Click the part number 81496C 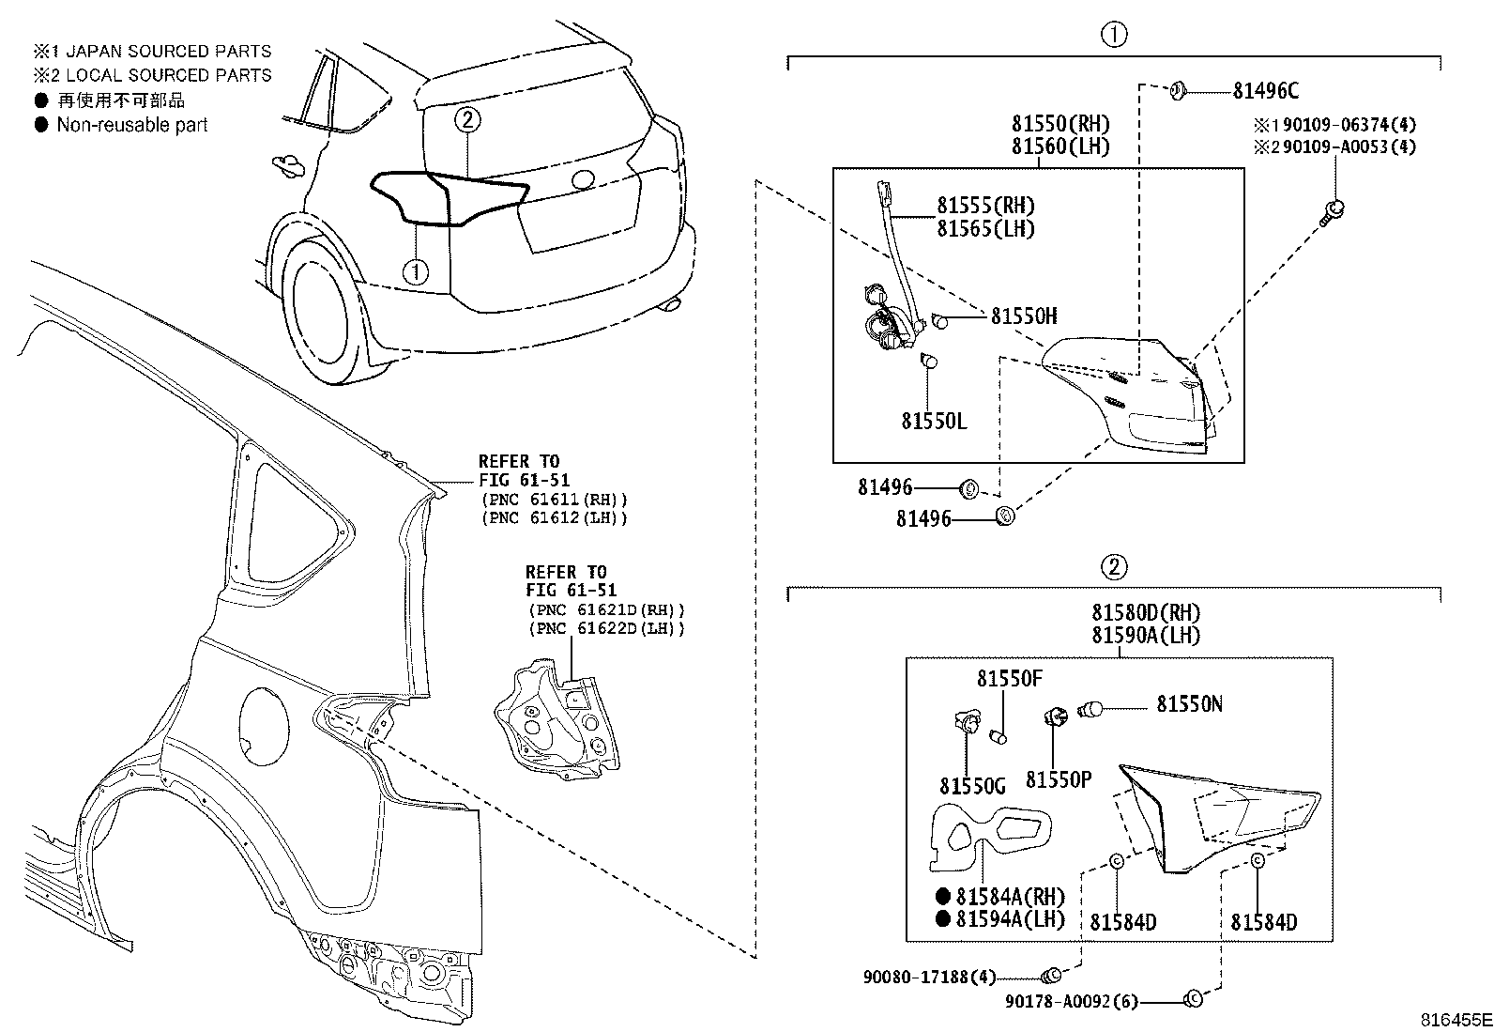1265,91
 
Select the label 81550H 1024,316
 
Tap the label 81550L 934,422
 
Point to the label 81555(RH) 985,206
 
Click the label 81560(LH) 1060,146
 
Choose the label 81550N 1189,704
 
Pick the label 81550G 972,785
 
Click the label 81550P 1059,780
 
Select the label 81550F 1010,679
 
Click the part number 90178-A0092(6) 1071,1002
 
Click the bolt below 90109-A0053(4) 1333,210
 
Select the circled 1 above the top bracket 1113,36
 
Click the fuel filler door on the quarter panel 264,723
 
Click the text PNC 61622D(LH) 606,629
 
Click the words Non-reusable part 132,126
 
